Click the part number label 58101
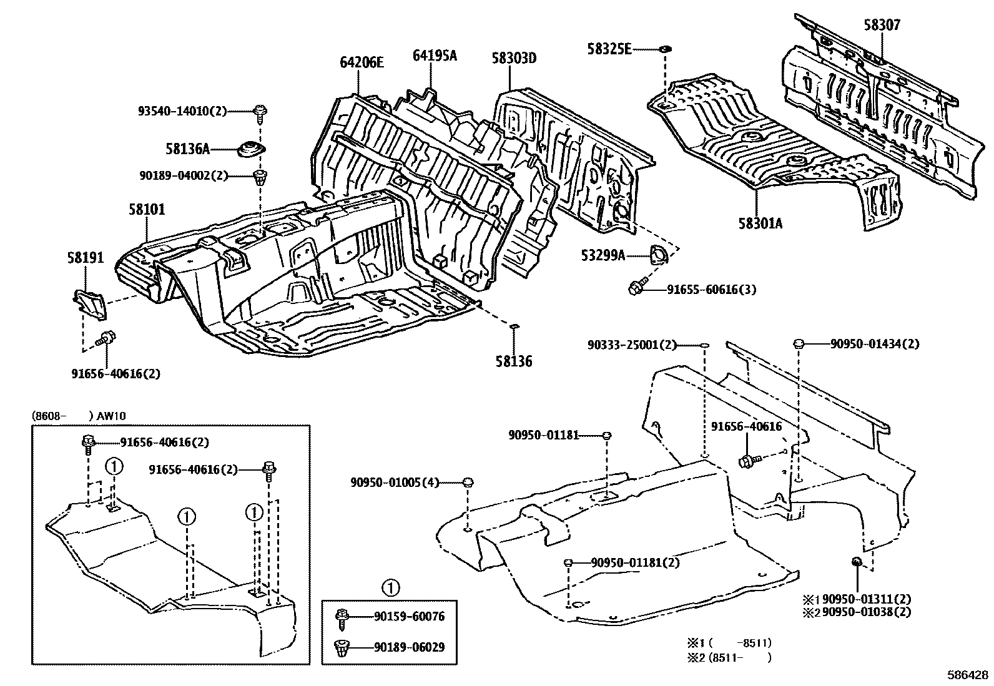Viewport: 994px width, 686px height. pos(147,209)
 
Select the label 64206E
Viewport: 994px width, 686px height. pos(362,62)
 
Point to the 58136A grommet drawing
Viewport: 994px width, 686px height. pos(252,150)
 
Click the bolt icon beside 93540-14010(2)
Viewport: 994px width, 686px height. pos(259,113)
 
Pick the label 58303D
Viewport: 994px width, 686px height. pos(514,59)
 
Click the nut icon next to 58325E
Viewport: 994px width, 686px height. pos(666,48)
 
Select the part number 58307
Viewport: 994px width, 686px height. pos(882,25)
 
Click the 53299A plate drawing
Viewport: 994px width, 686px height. pos(658,255)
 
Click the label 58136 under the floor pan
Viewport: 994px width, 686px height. pos(514,361)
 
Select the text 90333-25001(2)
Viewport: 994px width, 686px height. pos(632,344)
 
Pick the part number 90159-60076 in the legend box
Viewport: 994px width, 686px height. pos(409,617)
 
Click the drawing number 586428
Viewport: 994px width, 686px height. pos(968,675)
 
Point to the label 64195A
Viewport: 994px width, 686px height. pos(435,56)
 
